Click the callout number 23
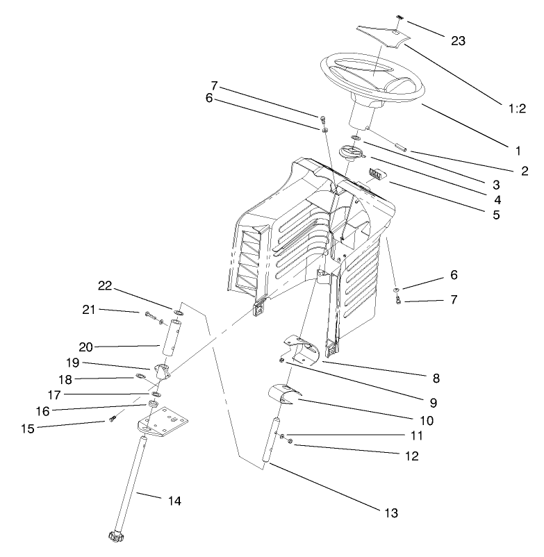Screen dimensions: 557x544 tap(459, 41)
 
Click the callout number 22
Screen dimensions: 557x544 tap(104, 287)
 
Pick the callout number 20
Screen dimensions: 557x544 tap(104, 346)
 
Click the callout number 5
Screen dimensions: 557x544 tap(496, 215)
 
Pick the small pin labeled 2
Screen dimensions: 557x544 tap(400, 147)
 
